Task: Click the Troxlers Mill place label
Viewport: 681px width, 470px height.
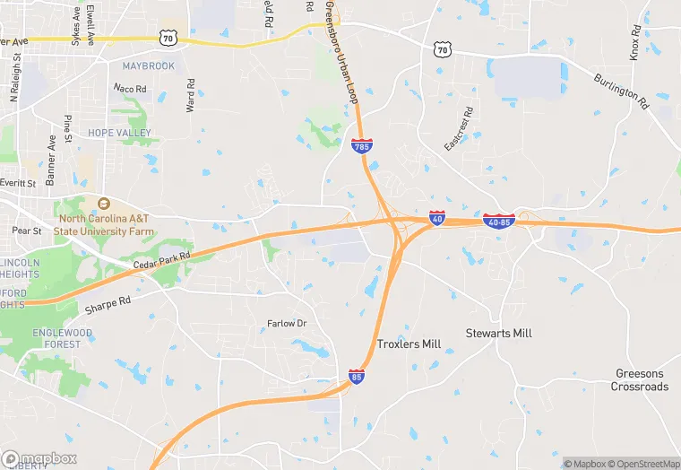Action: (409, 344)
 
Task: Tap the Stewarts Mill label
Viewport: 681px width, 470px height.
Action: (498, 333)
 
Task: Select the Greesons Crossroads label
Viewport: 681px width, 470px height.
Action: (640, 380)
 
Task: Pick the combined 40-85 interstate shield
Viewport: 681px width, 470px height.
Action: (498, 220)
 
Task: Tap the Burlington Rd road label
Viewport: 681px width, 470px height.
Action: (620, 91)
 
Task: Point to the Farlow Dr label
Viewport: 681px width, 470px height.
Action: (287, 323)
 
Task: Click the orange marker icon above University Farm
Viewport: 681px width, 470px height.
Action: (103, 204)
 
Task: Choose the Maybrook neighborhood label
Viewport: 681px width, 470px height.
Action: (148, 66)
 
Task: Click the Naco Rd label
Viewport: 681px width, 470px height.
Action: (128, 88)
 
